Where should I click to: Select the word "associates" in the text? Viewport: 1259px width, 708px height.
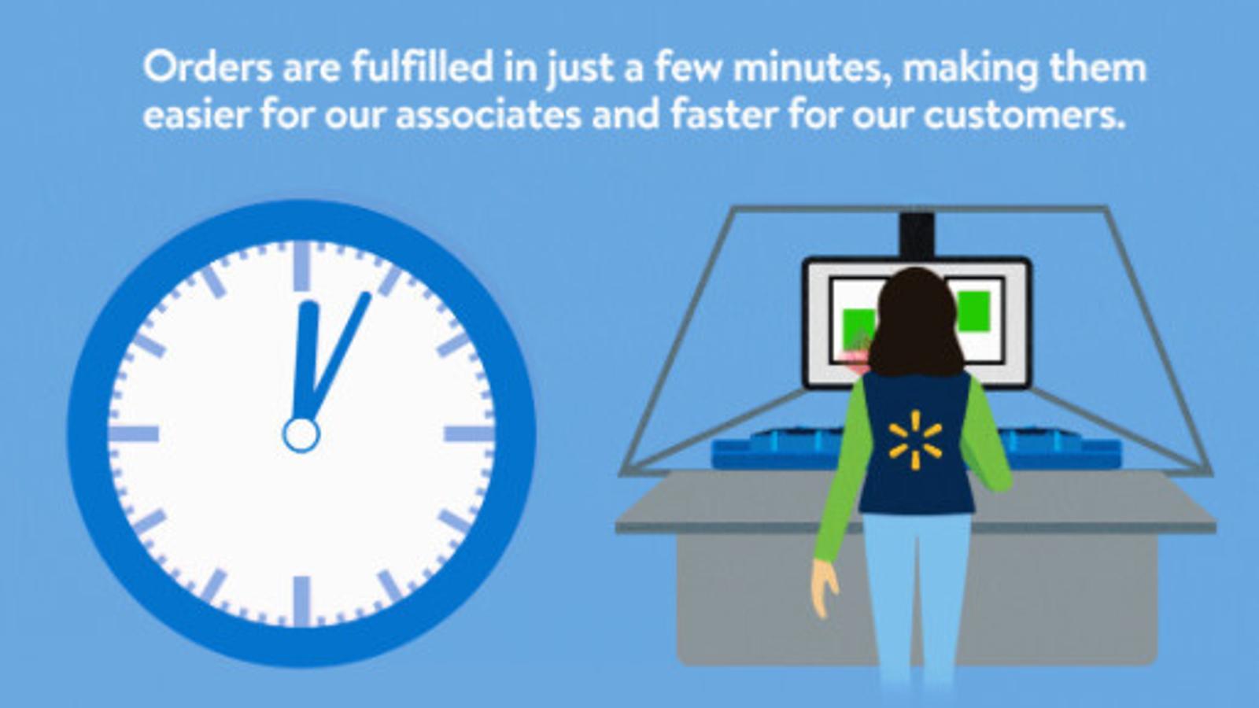point(489,115)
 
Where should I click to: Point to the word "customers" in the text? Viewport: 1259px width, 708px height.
point(1025,115)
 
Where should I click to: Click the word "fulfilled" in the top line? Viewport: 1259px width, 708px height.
point(423,66)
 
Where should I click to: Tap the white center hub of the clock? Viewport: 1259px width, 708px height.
point(301,435)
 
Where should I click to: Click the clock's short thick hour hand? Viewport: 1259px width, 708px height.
point(306,360)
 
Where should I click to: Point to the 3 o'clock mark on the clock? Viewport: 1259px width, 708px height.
point(469,433)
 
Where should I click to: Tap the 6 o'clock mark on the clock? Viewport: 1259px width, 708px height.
point(302,601)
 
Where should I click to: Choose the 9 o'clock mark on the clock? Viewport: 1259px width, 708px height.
point(134,433)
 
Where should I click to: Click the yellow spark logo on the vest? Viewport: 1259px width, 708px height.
point(916,440)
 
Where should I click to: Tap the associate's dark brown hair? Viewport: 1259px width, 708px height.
point(916,323)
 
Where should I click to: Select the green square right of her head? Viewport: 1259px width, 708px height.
point(973,312)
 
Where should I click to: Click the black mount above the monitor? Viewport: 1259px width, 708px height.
point(917,235)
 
